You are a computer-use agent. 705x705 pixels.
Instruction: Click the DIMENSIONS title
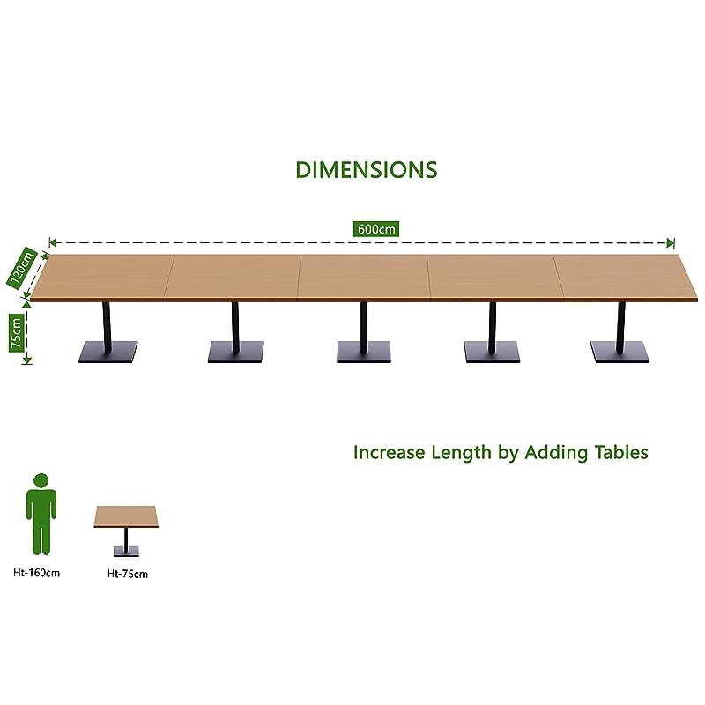(366, 170)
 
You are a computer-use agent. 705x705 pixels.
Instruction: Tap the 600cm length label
(376, 229)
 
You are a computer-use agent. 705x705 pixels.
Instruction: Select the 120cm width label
(21, 266)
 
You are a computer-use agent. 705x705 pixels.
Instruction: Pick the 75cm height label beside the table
(16, 333)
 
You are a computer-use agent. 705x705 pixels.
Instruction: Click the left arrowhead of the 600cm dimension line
(53, 243)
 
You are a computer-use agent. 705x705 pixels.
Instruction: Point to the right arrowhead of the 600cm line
(671, 243)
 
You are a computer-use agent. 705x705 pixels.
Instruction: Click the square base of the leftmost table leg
(108, 352)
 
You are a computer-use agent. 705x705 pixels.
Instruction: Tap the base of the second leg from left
(235, 352)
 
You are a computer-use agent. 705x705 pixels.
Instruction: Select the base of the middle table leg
(364, 352)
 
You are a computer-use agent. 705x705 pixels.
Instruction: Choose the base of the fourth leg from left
(492, 352)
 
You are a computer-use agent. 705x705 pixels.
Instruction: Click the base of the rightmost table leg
(620, 352)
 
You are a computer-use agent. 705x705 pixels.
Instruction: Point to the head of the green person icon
(41, 480)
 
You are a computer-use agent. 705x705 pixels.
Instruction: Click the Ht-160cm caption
(36, 573)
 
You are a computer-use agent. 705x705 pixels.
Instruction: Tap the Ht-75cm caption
(127, 574)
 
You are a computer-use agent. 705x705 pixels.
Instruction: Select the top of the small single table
(126, 516)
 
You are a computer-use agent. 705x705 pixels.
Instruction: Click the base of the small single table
(126, 552)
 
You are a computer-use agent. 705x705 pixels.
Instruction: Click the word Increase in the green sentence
(389, 452)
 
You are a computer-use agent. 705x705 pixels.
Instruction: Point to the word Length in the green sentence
(461, 453)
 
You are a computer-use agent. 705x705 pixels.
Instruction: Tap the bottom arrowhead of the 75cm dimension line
(27, 360)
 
